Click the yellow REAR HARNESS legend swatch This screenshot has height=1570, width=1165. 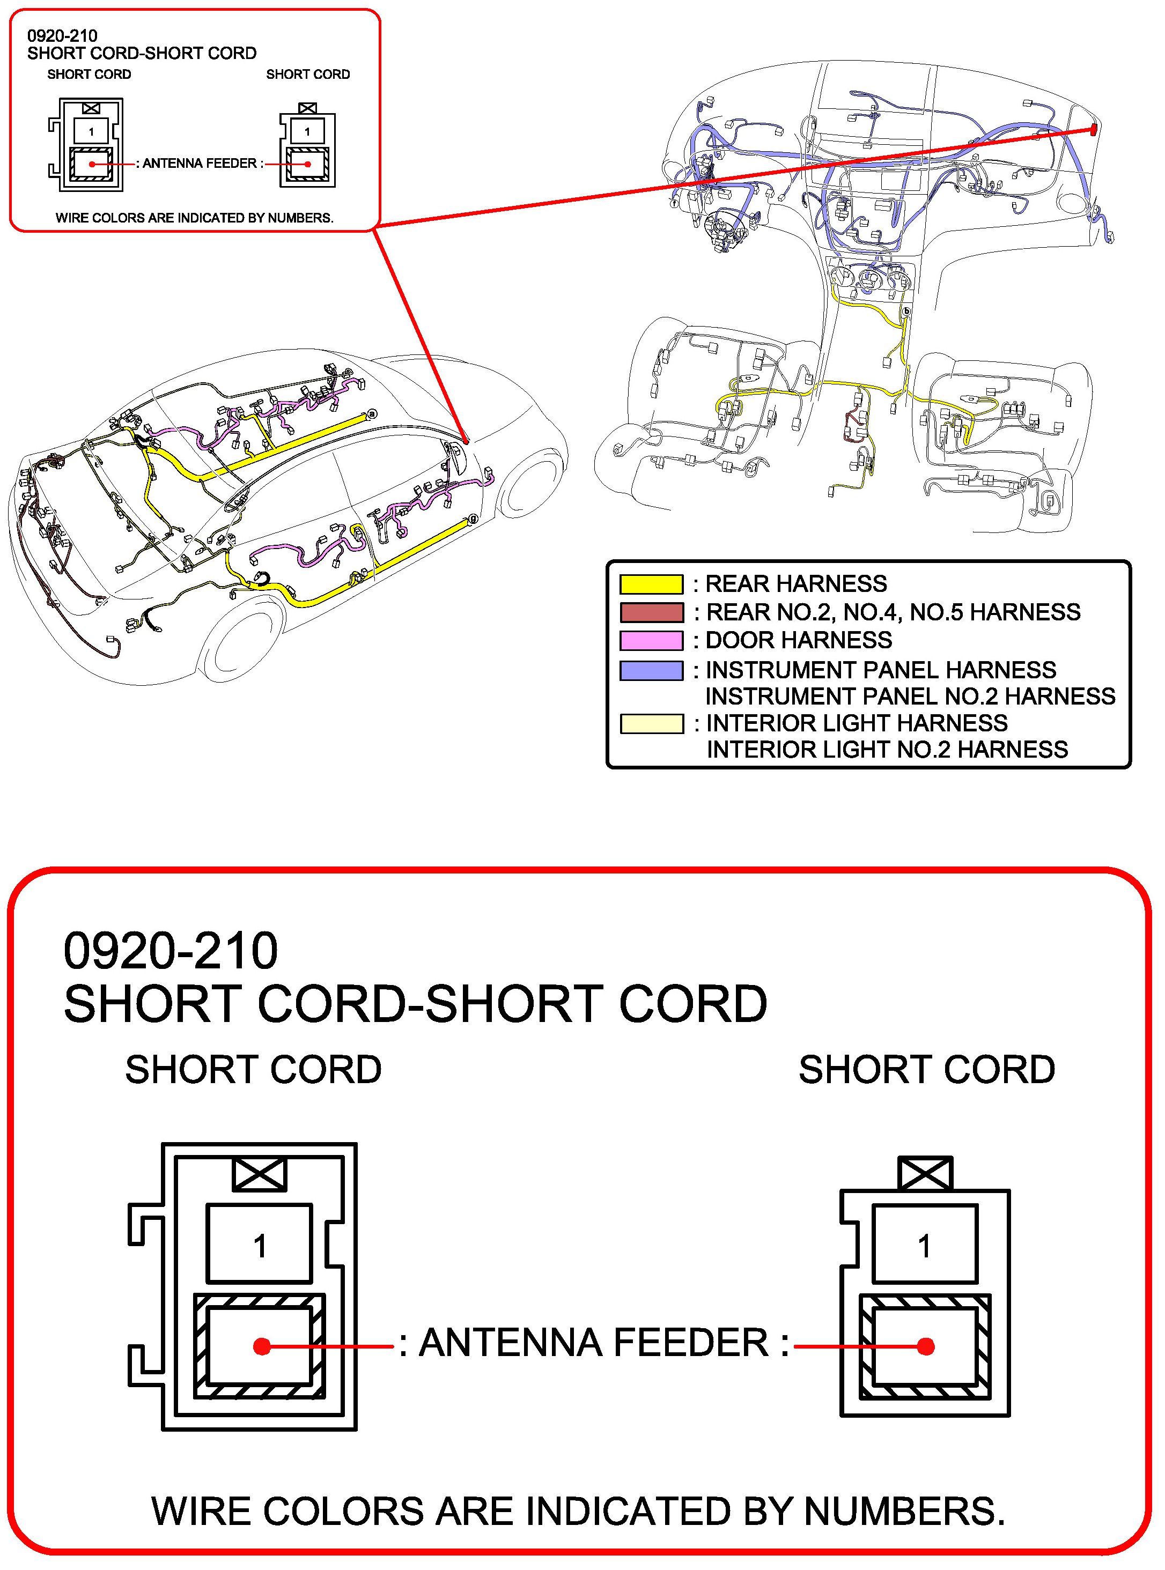coord(651,584)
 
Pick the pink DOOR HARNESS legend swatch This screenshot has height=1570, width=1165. coord(651,640)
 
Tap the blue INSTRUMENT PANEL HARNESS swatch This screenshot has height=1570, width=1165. coord(651,670)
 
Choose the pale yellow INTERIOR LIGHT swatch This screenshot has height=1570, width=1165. coord(651,723)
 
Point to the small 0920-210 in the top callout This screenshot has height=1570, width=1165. coord(62,35)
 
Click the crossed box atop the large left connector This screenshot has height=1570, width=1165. coord(260,1174)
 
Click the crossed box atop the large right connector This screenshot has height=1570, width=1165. coord(925,1174)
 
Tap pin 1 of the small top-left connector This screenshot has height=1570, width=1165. coord(91,131)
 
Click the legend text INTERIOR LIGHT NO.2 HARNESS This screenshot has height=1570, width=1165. coord(887,750)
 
